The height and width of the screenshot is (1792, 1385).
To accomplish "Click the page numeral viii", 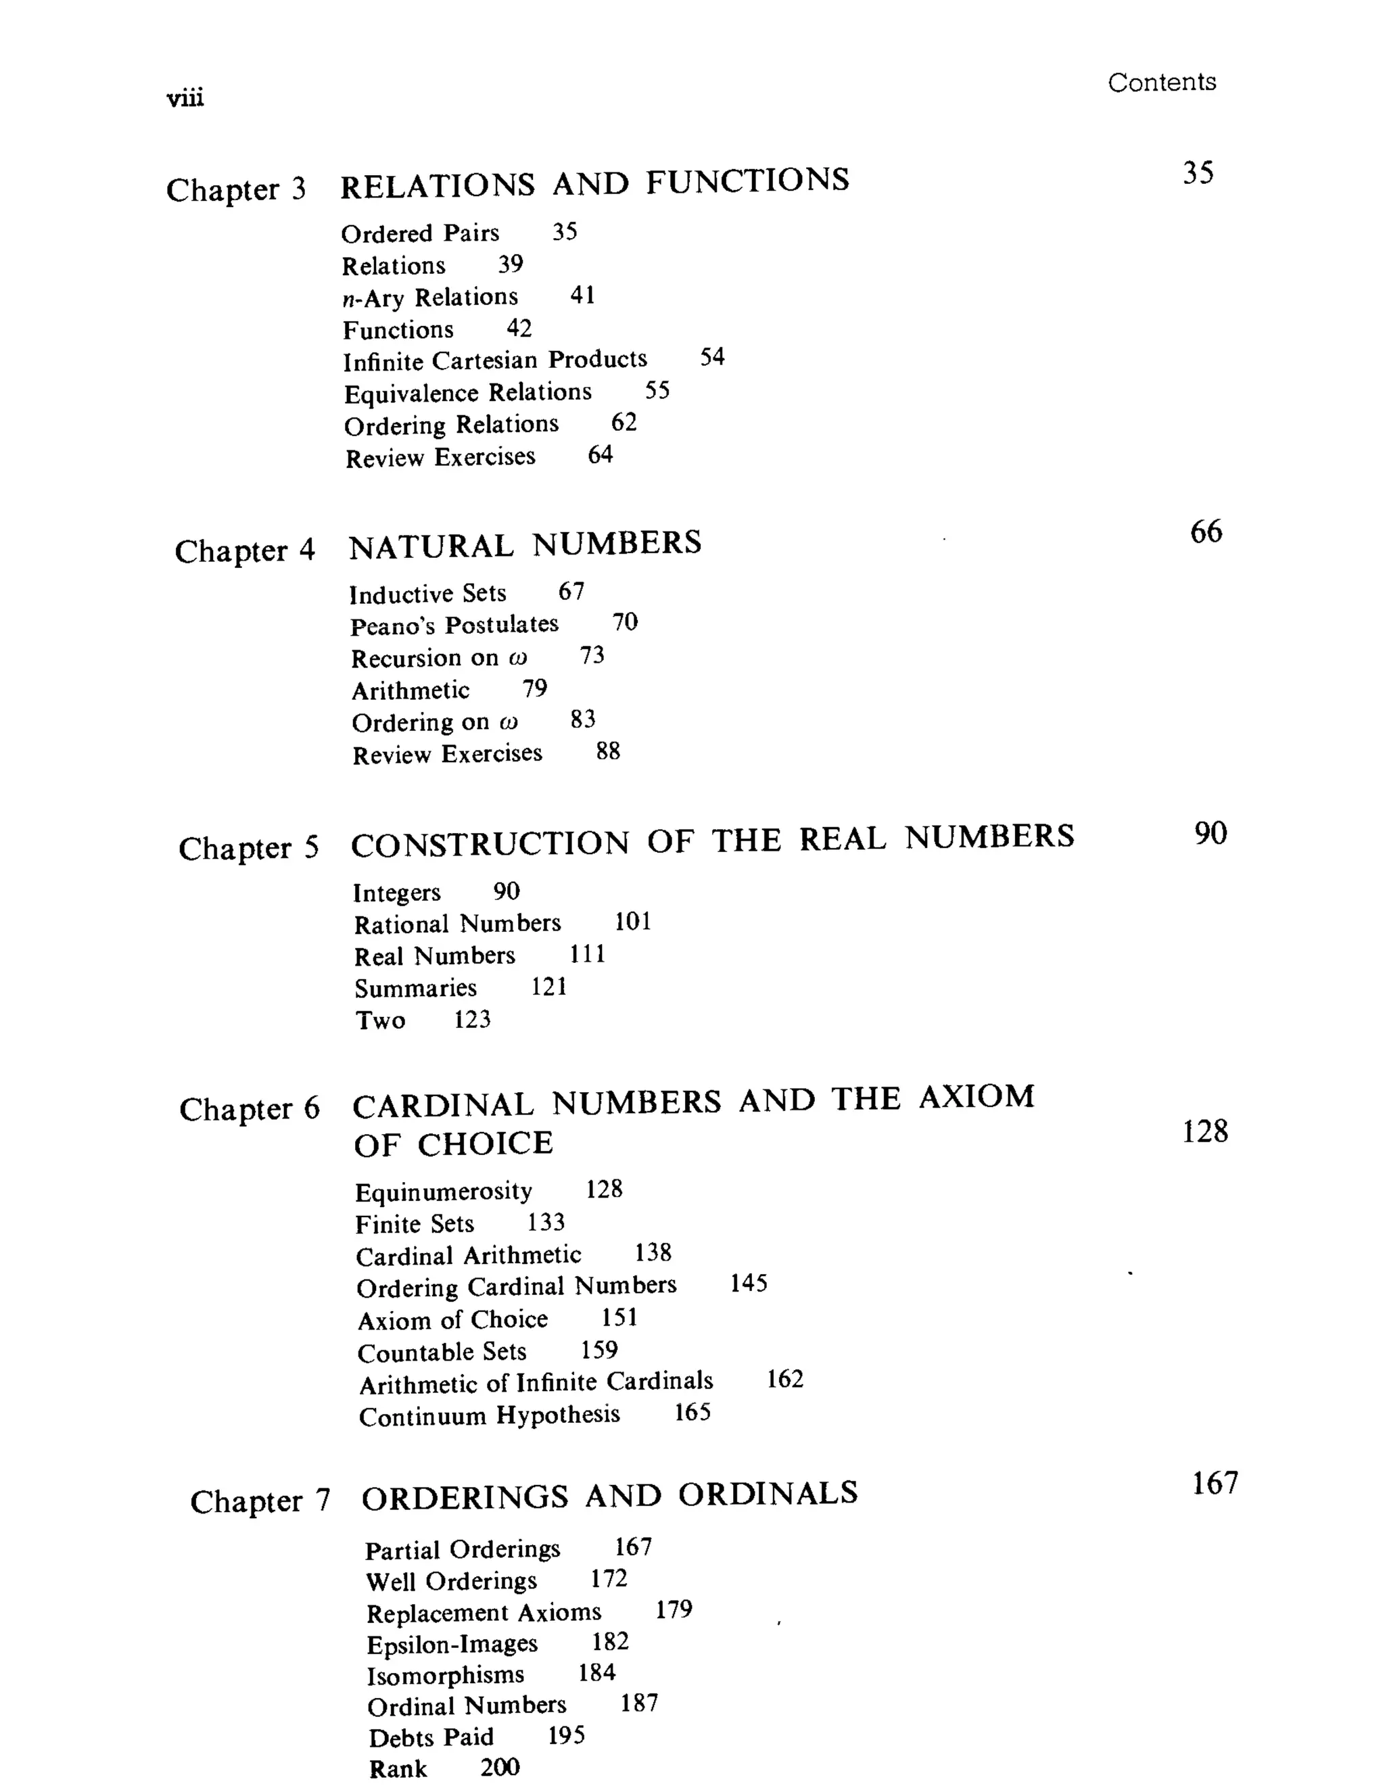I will pyautogui.click(x=185, y=99).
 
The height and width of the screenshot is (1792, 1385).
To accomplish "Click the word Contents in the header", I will pyautogui.click(x=1161, y=82).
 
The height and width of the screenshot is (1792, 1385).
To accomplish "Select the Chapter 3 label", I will pyautogui.click(x=235, y=189).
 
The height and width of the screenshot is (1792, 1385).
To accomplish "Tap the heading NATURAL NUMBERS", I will pyautogui.click(x=525, y=545).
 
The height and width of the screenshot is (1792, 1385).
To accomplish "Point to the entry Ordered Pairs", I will pyautogui.click(x=420, y=234).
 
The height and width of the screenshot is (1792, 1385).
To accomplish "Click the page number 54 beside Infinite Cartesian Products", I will pyautogui.click(x=712, y=358).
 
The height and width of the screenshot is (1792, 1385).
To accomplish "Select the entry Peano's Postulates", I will pyautogui.click(x=454, y=626).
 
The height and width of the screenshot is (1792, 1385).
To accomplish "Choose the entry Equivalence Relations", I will pyautogui.click(x=468, y=393).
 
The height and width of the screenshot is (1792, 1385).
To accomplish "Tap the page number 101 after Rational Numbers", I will pyautogui.click(x=632, y=922).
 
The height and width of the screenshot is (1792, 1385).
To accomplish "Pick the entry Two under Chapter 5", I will pyautogui.click(x=380, y=1020).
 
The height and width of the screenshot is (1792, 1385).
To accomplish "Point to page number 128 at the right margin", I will pyautogui.click(x=1204, y=1132).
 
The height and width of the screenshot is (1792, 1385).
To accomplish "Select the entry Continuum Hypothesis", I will pyautogui.click(x=489, y=1416).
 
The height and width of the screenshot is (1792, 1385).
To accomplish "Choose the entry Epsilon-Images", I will pyautogui.click(x=452, y=1645).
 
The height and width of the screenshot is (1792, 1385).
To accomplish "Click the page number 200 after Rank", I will pyautogui.click(x=500, y=1766).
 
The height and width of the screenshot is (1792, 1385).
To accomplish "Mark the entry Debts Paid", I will pyautogui.click(x=431, y=1738).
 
